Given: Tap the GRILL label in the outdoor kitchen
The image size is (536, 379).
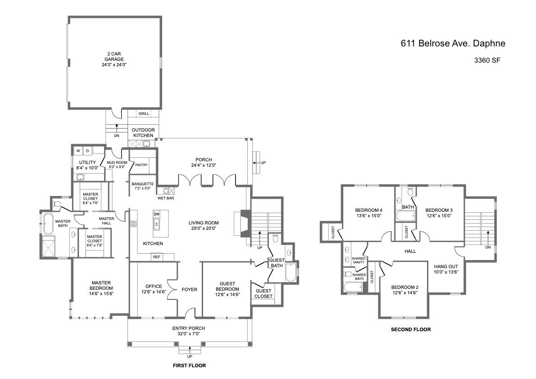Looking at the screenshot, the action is (x=144, y=114).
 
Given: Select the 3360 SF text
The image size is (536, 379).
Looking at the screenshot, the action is (x=487, y=60).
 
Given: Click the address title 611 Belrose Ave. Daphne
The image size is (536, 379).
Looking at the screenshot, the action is (x=453, y=43).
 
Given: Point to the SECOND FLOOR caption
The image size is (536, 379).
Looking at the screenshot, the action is (x=410, y=329).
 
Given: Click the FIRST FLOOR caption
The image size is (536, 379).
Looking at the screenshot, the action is (x=189, y=365).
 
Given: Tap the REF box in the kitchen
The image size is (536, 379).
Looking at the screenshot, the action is (x=157, y=257).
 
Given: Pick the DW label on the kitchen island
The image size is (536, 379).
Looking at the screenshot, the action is (x=157, y=215).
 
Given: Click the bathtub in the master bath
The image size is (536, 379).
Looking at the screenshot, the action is (x=47, y=224).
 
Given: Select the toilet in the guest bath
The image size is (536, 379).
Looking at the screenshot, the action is (x=275, y=238).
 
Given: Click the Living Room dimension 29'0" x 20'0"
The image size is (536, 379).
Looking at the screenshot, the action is (x=204, y=228).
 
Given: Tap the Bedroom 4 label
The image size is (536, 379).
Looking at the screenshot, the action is (x=368, y=210).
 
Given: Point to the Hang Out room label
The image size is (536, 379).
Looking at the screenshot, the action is (x=446, y=266).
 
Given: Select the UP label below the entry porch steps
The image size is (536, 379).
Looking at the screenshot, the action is (x=189, y=357).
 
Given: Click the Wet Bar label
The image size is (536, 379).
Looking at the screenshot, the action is (x=166, y=198).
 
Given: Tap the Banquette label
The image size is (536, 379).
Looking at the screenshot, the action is (x=142, y=184).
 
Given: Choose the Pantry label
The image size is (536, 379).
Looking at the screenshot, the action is (x=141, y=165).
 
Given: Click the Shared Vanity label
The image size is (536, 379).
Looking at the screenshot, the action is (x=359, y=260).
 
